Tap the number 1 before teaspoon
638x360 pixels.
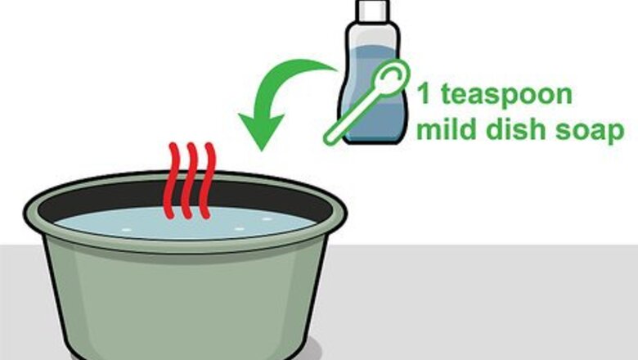424,93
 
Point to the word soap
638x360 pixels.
590,131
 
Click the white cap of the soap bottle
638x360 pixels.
373,10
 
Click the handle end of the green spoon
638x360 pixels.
330,138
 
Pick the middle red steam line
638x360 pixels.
189,181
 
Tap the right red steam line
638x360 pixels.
208,181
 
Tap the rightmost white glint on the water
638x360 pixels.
267,219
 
